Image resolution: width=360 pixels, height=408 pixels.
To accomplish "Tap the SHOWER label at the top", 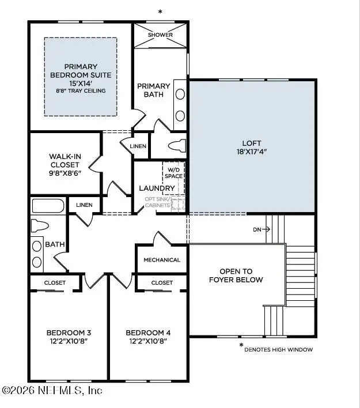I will (x=160, y=35).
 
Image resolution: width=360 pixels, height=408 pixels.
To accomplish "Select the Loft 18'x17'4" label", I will (x=252, y=148).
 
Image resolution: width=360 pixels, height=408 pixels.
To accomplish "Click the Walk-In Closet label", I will (x=65, y=164).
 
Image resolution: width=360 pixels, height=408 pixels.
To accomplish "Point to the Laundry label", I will (x=157, y=188).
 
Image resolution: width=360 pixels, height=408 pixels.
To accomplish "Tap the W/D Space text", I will (x=173, y=172).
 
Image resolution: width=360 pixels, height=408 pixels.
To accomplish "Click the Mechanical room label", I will (x=162, y=260).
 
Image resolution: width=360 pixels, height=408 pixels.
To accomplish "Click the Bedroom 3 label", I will (x=69, y=337).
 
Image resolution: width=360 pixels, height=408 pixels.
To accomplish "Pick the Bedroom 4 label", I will (x=148, y=337).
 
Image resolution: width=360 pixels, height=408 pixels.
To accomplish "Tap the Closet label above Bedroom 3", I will (x=55, y=283).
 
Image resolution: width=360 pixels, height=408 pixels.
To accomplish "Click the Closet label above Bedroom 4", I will (x=162, y=283).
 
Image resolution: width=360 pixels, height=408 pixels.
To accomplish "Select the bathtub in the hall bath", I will (x=48, y=206).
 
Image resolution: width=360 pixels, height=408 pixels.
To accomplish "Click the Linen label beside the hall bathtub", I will (x=84, y=205).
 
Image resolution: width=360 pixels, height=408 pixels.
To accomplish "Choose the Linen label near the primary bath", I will (x=138, y=146).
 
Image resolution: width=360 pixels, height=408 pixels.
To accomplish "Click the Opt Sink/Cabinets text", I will (x=157, y=202).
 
